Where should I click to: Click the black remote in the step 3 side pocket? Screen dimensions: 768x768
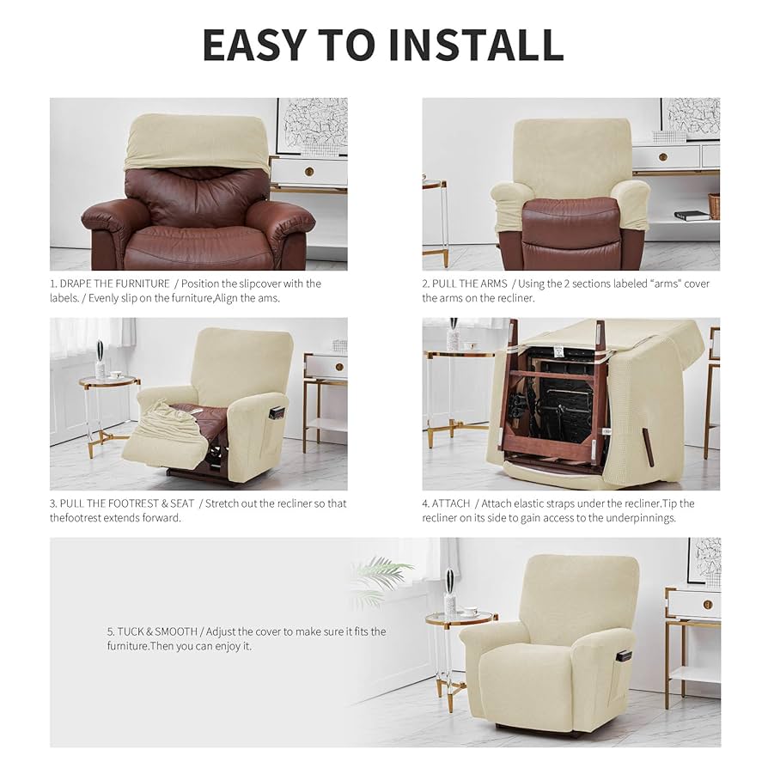(276, 412)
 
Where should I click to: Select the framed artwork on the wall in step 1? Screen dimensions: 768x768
(312, 125)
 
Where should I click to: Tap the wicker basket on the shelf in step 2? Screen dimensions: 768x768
(714, 205)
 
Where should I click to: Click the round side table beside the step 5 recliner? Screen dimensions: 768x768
(460, 619)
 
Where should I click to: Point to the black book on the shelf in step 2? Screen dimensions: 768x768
(692, 216)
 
